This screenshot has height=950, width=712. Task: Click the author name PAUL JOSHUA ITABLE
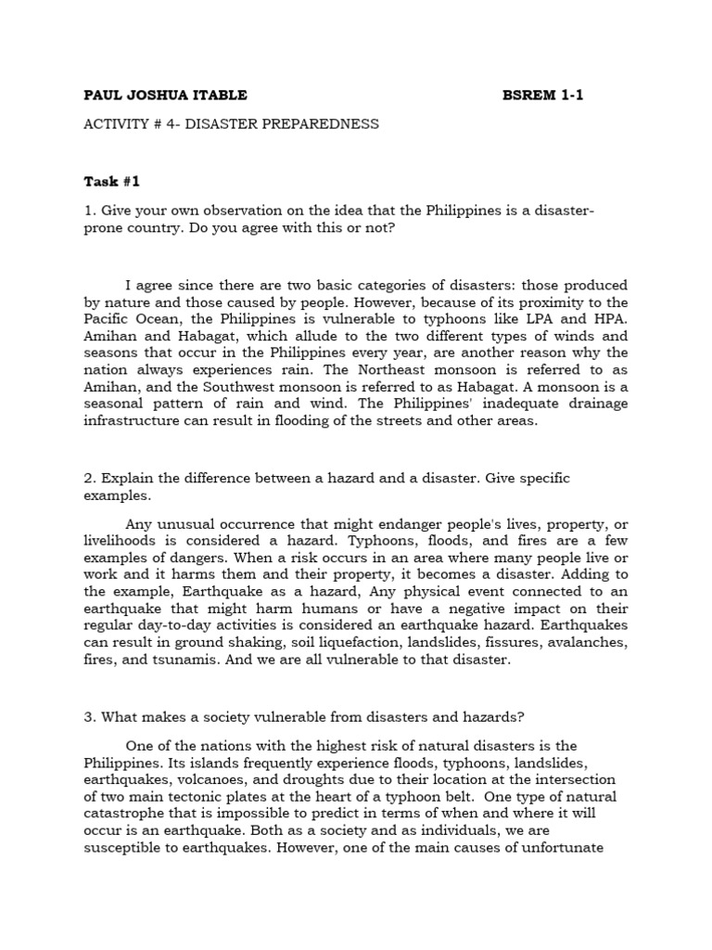click(x=166, y=95)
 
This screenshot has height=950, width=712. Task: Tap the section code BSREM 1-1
click(x=543, y=95)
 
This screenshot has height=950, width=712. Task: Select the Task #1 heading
click(x=112, y=181)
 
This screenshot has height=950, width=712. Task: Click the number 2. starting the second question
click(x=90, y=479)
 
